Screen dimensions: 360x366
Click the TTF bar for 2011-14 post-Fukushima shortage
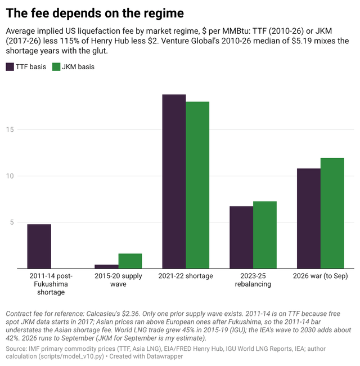pyautogui.click(x=39, y=246)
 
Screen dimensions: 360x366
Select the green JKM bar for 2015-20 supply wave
pyautogui.click(x=130, y=261)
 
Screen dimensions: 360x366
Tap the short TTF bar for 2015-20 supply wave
pyautogui.click(x=106, y=266)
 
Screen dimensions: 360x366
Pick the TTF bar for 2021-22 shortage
pyautogui.click(x=174, y=181)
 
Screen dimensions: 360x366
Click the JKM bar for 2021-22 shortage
pyautogui.click(x=197, y=185)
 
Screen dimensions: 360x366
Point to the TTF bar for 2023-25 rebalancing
pyautogui.click(x=241, y=238)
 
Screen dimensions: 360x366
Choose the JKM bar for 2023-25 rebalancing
pyautogui.click(x=265, y=235)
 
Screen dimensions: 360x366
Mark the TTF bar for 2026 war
pyautogui.click(x=309, y=218)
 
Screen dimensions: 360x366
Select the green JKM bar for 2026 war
pyautogui.click(x=332, y=213)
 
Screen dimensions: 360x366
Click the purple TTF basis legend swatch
pyautogui.click(x=10, y=67)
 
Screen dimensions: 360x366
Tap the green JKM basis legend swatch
pyautogui.click(x=56, y=67)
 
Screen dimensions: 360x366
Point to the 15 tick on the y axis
pyautogui.click(x=10, y=130)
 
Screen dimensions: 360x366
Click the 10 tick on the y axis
pyautogui.click(x=10, y=176)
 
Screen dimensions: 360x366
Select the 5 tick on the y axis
pyautogui.click(x=12, y=222)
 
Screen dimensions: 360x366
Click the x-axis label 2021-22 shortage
pyautogui.click(x=186, y=276)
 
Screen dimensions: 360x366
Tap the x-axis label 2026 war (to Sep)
pyautogui.click(x=321, y=276)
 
